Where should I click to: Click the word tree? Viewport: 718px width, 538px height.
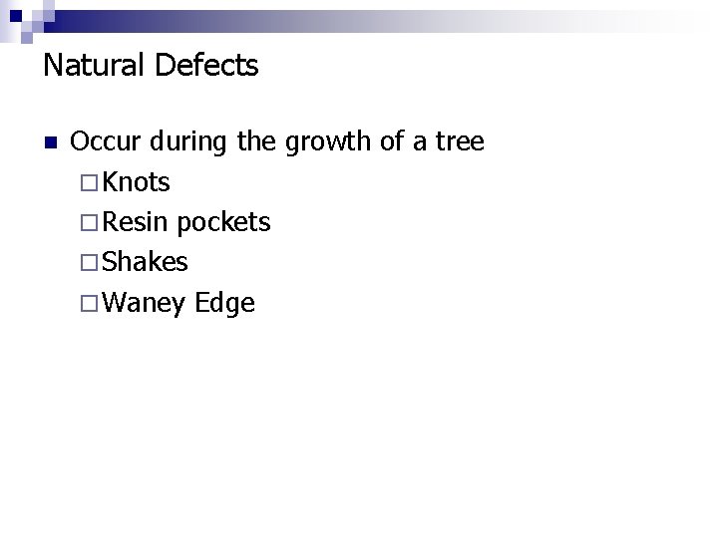[x=460, y=142]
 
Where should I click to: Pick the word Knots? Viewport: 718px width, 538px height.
[x=136, y=182]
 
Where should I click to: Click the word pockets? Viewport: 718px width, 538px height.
[x=224, y=223]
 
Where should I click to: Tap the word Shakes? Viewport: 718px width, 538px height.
[x=145, y=262]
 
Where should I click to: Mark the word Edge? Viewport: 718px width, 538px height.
[x=225, y=303]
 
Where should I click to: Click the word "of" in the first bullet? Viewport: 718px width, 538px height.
[x=394, y=142]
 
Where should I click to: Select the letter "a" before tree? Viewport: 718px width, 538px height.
[x=424, y=144]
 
